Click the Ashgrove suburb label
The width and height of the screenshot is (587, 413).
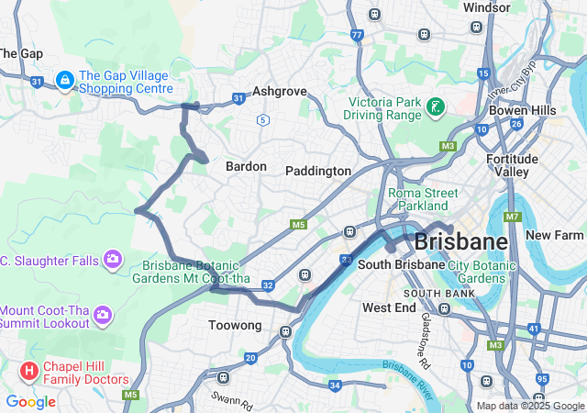pyautogui.click(x=279, y=93)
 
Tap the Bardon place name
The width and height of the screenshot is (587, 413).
pyautogui.click(x=246, y=166)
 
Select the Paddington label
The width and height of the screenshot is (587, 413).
pyautogui.click(x=318, y=171)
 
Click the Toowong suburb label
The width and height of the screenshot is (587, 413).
pyautogui.click(x=236, y=326)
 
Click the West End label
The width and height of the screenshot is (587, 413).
pyautogui.click(x=390, y=307)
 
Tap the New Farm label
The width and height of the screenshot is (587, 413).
pyautogui.click(x=555, y=235)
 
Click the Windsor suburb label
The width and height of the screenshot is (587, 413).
pyautogui.click(x=487, y=7)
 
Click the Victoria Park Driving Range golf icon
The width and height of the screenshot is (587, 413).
pyautogui.click(x=436, y=107)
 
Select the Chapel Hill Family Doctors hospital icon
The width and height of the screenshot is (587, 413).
pyautogui.click(x=29, y=372)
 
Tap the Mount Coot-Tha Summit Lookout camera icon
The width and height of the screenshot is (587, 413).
pyautogui.click(x=102, y=316)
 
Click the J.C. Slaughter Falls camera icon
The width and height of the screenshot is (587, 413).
pyautogui.click(x=113, y=260)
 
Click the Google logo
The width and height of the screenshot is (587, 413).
pyautogui.click(x=30, y=402)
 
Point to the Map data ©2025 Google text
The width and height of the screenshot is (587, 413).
pyautogui.click(x=528, y=406)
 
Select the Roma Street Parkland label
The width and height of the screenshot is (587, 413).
pyautogui.click(x=423, y=199)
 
